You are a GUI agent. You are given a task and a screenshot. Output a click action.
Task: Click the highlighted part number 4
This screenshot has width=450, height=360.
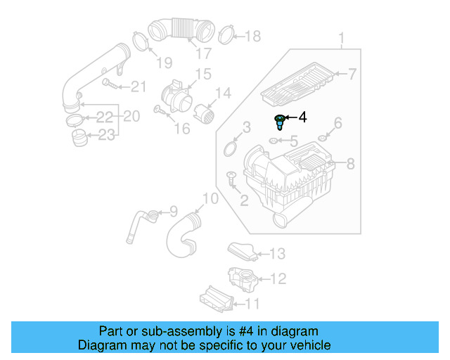pos(303,117)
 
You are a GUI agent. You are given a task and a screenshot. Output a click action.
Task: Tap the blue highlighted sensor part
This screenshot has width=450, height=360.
pos(281,122)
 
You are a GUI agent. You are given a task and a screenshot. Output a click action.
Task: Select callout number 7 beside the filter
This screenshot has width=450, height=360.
pos(352,73)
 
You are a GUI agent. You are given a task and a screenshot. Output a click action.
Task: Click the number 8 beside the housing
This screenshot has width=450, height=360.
pos(350,164)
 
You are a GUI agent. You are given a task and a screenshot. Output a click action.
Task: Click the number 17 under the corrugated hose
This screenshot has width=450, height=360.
pos(202,53)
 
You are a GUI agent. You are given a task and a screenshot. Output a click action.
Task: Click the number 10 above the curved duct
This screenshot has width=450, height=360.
pos(210,199)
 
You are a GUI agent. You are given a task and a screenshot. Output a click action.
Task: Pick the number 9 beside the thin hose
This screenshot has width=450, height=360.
pos(173,210)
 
